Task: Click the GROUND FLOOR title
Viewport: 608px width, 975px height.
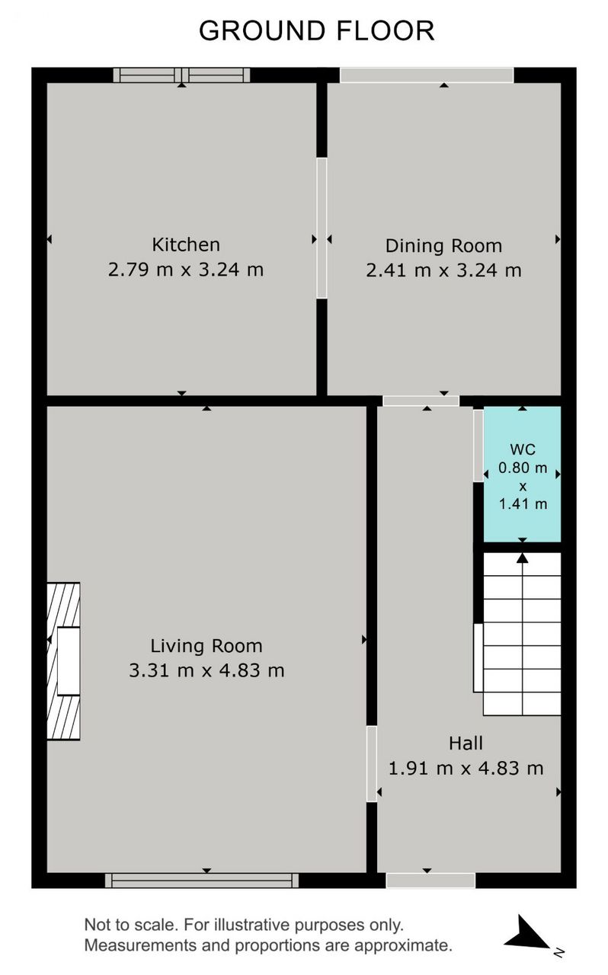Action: [317, 31]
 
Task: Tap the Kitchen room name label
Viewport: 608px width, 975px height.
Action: [186, 245]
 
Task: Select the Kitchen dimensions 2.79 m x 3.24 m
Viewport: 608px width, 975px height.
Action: [186, 270]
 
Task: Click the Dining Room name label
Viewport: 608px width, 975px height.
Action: [443, 246]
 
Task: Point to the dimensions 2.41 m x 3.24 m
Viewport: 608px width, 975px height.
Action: [443, 270]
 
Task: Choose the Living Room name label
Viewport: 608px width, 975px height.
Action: [206, 646]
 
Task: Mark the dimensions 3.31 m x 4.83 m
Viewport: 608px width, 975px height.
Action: [206, 670]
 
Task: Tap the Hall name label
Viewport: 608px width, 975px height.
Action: [466, 743]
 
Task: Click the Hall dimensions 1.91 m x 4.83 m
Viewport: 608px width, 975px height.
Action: [466, 769]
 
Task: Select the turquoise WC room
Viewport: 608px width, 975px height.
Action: [522, 475]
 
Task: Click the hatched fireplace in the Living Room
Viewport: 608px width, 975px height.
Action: [63, 661]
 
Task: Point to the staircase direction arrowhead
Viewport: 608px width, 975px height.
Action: [522, 558]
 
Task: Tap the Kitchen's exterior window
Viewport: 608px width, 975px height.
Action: [181, 75]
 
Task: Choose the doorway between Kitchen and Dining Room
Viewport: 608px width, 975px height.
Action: [322, 228]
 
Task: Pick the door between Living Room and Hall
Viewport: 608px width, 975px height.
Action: [372, 764]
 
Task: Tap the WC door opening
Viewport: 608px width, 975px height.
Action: [478, 446]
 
